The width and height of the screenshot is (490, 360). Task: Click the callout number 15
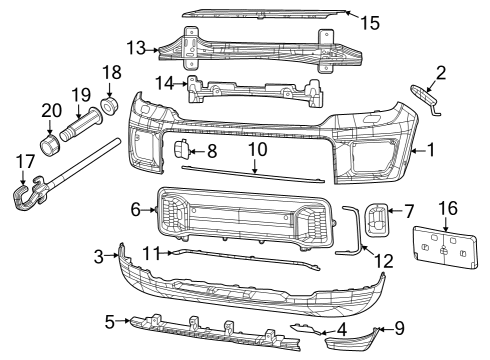(x=370, y=22)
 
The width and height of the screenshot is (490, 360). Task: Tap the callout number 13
(x=136, y=47)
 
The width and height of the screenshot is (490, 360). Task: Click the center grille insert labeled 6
(x=240, y=214)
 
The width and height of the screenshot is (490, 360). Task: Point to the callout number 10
(x=258, y=148)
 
